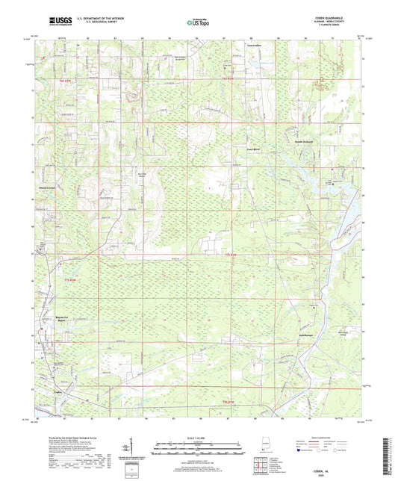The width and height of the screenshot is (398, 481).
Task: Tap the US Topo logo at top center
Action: tap(199, 23)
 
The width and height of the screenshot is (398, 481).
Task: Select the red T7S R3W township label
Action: tap(68, 279)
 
